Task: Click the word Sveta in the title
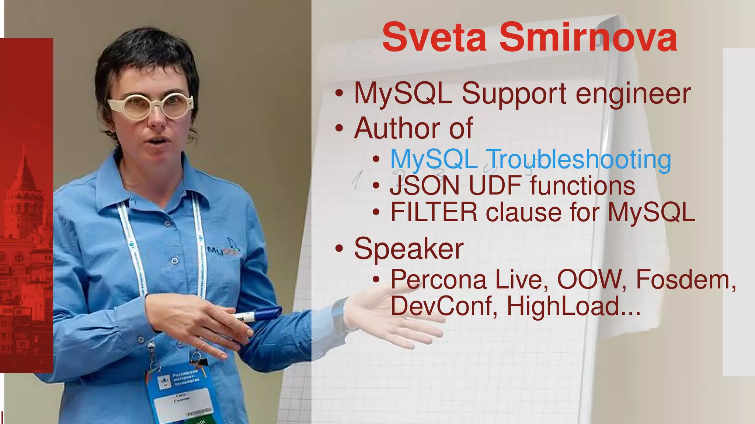434,38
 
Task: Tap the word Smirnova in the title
588,38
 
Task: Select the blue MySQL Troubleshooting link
530,159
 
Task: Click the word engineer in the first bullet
633,94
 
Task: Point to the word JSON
425,185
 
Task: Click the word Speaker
408,248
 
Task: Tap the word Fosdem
686,279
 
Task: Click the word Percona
438,279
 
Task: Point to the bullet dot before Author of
339,128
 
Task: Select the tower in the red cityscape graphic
24,184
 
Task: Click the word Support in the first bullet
514,94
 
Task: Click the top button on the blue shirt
167,223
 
